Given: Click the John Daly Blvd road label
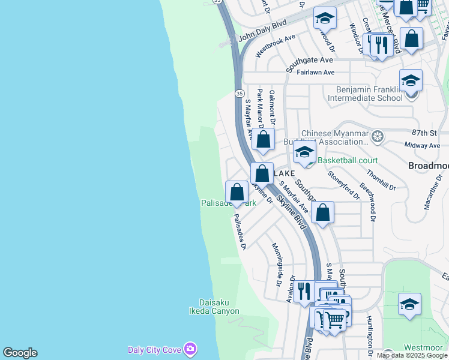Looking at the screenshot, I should (262, 31).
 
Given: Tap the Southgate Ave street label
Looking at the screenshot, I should (309, 61).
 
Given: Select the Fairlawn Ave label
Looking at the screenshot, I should (312, 72).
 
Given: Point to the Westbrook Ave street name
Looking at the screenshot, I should (275, 46).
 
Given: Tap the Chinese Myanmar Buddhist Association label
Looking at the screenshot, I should (334, 138).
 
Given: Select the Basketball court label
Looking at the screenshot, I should (348, 160).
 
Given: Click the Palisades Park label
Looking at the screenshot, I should (228, 203).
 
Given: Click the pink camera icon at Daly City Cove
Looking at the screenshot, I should (190, 349).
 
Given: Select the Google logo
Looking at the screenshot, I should (20, 353).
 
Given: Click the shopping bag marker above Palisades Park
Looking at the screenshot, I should (237, 193).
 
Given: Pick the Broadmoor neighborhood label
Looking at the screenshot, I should (428, 165).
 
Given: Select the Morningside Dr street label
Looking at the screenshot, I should (277, 263).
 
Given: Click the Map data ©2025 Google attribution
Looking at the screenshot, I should (412, 355).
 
